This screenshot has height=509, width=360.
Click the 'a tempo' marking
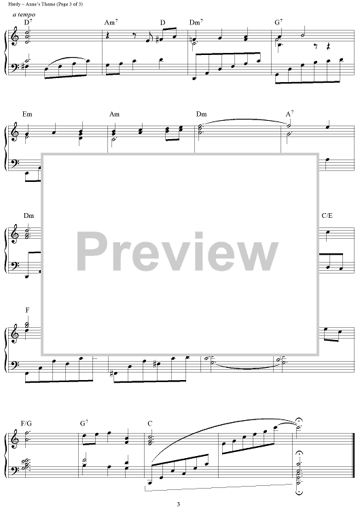coord(24,15)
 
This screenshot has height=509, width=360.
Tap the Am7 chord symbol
coord(111,22)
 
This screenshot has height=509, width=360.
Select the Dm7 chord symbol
coord(196,22)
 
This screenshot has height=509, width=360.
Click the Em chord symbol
coord(27,114)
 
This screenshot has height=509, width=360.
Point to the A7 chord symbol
coord(290,113)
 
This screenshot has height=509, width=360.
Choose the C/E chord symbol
coord(327,216)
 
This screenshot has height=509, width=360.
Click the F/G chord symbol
coord(26,423)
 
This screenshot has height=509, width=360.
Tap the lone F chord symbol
coord(27,310)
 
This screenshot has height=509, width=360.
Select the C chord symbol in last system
coord(150,423)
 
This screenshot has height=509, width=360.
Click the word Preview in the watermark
coord(177,252)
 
